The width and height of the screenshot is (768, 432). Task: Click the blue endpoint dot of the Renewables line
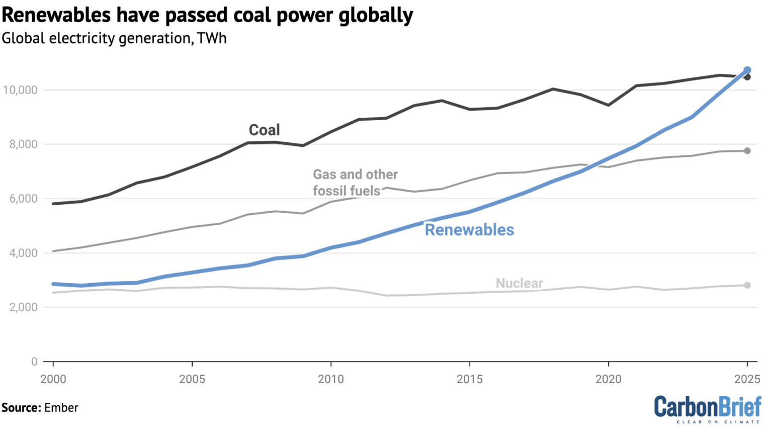[747, 70]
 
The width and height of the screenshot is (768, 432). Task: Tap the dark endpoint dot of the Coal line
[747, 77]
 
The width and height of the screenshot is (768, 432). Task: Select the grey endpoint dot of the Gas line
[747, 151]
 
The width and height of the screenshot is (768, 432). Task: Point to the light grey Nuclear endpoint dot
[747, 285]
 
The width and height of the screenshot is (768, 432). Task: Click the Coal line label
[264, 130]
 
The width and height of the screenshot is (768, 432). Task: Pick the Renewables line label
[469, 230]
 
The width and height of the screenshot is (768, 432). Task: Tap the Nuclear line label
[519, 283]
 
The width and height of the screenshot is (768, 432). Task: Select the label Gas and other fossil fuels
[355, 183]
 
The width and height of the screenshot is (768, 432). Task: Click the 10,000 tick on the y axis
[20, 90]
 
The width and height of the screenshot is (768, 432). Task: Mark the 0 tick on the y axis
[34, 362]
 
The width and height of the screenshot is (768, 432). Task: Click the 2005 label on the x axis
[192, 379]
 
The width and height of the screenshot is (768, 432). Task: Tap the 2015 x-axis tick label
[469, 379]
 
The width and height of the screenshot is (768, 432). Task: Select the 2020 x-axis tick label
[608, 379]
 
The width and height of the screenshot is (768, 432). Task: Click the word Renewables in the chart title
[56, 15]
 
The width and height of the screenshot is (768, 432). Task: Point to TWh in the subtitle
[212, 38]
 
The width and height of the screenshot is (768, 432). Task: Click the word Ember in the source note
[61, 407]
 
